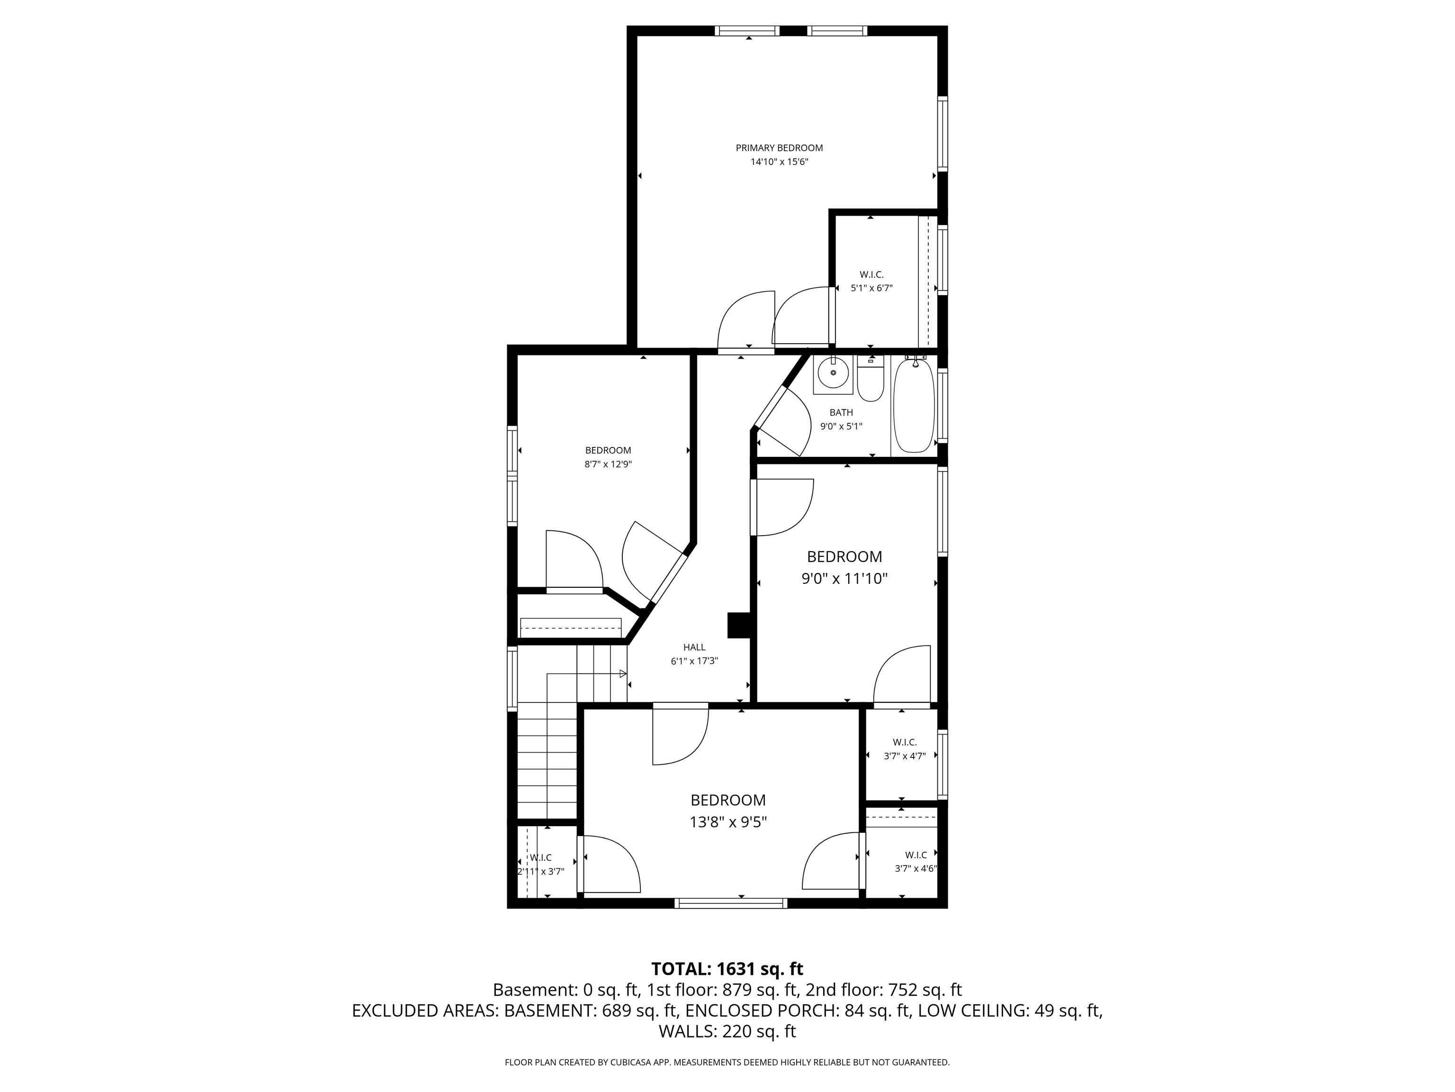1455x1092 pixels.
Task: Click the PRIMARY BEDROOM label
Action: [779, 148]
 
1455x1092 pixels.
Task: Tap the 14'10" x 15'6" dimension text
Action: [779, 162]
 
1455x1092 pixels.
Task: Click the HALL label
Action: [694, 647]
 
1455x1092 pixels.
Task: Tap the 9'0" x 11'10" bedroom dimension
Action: [844, 579]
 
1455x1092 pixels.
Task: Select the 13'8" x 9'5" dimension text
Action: [728, 823]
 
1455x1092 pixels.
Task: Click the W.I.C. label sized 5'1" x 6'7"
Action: [871, 274]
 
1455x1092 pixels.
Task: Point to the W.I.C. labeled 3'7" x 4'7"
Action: [905, 743]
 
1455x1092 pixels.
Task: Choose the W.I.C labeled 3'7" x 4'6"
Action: [915, 855]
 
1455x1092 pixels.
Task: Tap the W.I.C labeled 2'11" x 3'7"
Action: [541, 858]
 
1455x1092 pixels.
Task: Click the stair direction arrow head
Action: [622, 673]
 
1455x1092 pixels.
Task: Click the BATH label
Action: [841, 413]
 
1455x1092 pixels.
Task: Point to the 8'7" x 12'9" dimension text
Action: [608, 464]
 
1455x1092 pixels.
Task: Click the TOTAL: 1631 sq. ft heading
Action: [727, 969]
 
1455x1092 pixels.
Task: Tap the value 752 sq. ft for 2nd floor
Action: [925, 990]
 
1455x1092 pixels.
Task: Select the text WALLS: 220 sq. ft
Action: [727, 1031]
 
